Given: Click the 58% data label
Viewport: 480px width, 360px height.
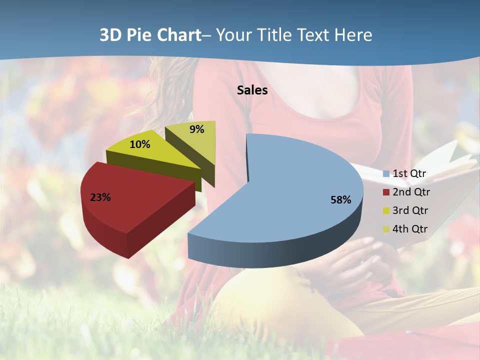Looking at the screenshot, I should (340, 200).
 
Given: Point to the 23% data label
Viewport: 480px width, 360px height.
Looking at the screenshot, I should (100, 197).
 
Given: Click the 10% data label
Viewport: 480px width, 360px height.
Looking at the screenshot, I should (139, 144).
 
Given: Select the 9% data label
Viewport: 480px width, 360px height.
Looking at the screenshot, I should (197, 129).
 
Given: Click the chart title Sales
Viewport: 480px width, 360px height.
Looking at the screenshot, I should (252, 90).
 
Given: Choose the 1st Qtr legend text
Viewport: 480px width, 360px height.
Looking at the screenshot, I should (409, 174).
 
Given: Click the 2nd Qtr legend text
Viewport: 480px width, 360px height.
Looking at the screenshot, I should (411, 192).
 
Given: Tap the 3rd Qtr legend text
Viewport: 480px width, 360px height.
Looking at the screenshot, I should (410, 210).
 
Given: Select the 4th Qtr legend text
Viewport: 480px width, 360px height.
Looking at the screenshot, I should (410, 229).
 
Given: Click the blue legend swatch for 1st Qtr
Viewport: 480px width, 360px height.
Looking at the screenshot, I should (386, 174).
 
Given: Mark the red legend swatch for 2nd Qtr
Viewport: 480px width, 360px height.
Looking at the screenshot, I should (386, 192).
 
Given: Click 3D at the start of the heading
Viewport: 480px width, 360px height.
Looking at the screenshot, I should (110, 35).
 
